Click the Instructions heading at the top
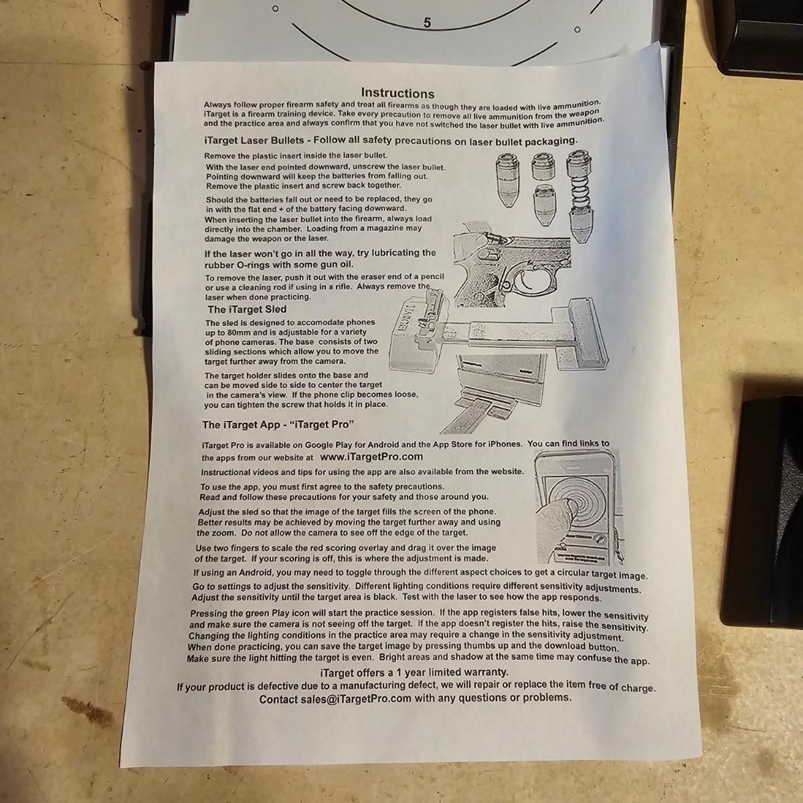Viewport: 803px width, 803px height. pyautogui.click(x=397, y=92)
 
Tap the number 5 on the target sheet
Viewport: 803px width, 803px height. pyautogui.click(x=427, y=23)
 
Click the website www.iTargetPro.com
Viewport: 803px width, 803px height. pyautogui.click(x=371, y=457)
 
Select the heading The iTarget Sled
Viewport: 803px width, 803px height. pyautogui.click(x=247, y=309)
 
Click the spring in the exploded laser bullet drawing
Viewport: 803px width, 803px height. pyautogui.click(x=580, y=190)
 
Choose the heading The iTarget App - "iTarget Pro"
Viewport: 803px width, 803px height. pyautogui.click(x=278, y=425)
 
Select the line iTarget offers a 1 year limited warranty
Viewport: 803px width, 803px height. pyautogui.click(x=414, y=672)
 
